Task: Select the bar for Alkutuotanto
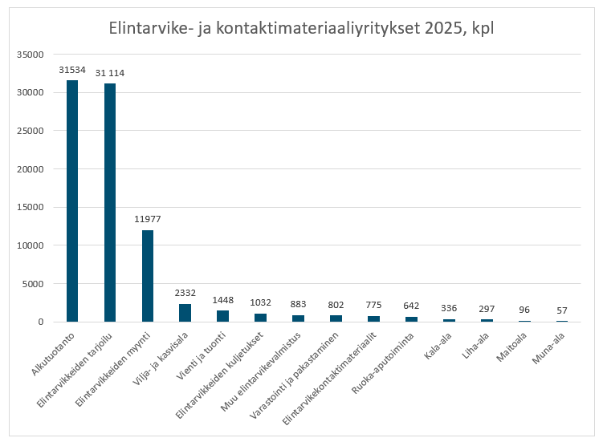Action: pyautogui.click(x=72, y=201)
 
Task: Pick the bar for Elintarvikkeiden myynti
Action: pyautogui.click(x=148, y=276)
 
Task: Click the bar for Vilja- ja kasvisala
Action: pyautogui.click(x=185, y=313)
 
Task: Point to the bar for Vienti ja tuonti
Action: pyautogui.click(x=222, y=316)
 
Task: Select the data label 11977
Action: pyautogui.click(x=148, y=219)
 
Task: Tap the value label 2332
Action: pyautogui.click(x=185, y=293)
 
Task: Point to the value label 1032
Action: pyautogui.click(x=260, y=303)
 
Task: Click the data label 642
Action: pyautogui.click(x=411, y=306)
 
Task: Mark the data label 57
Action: pyautogui.click(x=562, y=310)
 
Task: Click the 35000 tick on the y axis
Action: pyautogui.click(x=30, y=55)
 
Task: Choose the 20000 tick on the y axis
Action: pyautogui.click(x=30, y=169)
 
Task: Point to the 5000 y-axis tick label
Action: pyautogui.click(x=33, y=284)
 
